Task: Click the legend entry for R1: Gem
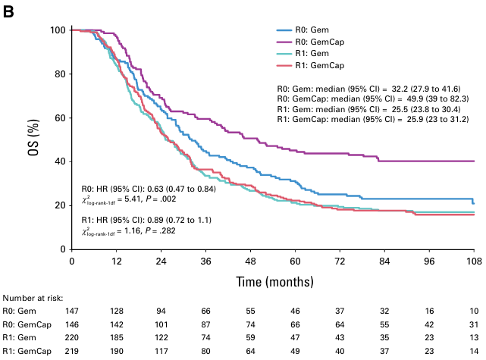[304, 55]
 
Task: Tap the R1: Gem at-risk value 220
[71, 339]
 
